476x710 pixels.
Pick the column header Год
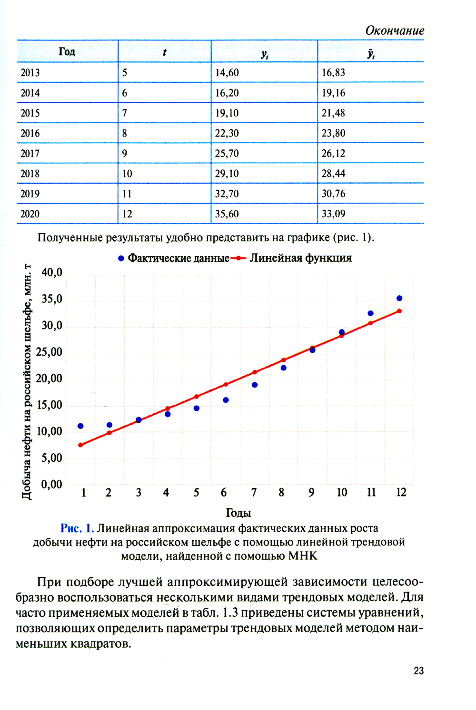click(67, 51)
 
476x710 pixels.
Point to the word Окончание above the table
click(395, 31)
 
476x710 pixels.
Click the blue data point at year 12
click(399, 299)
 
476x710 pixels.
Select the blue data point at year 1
click(80, 426)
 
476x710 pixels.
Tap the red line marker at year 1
click(80, 445)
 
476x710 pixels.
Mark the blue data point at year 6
click(226, 400)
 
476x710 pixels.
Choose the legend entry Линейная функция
click(300, 258)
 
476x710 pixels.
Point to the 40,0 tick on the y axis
click(52, 272)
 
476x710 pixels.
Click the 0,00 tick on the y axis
click(52, 485)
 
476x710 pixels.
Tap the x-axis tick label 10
click(342, 493)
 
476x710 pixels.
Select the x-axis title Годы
click(238, 513)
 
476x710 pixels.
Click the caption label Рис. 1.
click(77, 528)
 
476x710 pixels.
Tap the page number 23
click(419, 671)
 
